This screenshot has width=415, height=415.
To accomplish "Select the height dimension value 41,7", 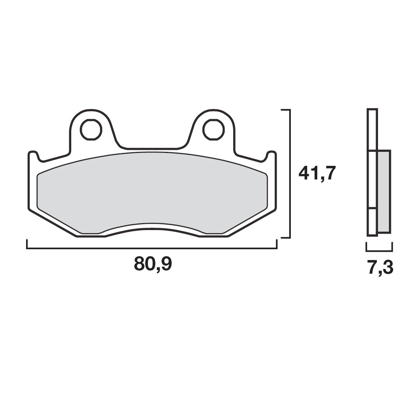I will click(317, 172).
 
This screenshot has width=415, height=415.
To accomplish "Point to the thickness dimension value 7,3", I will click(380, 268).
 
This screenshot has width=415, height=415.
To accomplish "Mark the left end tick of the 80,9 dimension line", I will click(27, 244).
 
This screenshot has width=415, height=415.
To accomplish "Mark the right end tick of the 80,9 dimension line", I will click(276, 244).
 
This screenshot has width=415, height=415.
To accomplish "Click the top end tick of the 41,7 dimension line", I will click(285, 111).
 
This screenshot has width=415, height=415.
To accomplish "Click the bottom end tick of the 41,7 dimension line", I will click(285, 237).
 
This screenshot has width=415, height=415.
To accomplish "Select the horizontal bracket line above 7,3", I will click(379, 250).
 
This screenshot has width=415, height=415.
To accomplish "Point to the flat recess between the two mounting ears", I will click(152, 148).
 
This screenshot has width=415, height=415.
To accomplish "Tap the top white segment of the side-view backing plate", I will click(372, 130).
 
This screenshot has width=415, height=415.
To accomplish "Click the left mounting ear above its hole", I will click(90, 114).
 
